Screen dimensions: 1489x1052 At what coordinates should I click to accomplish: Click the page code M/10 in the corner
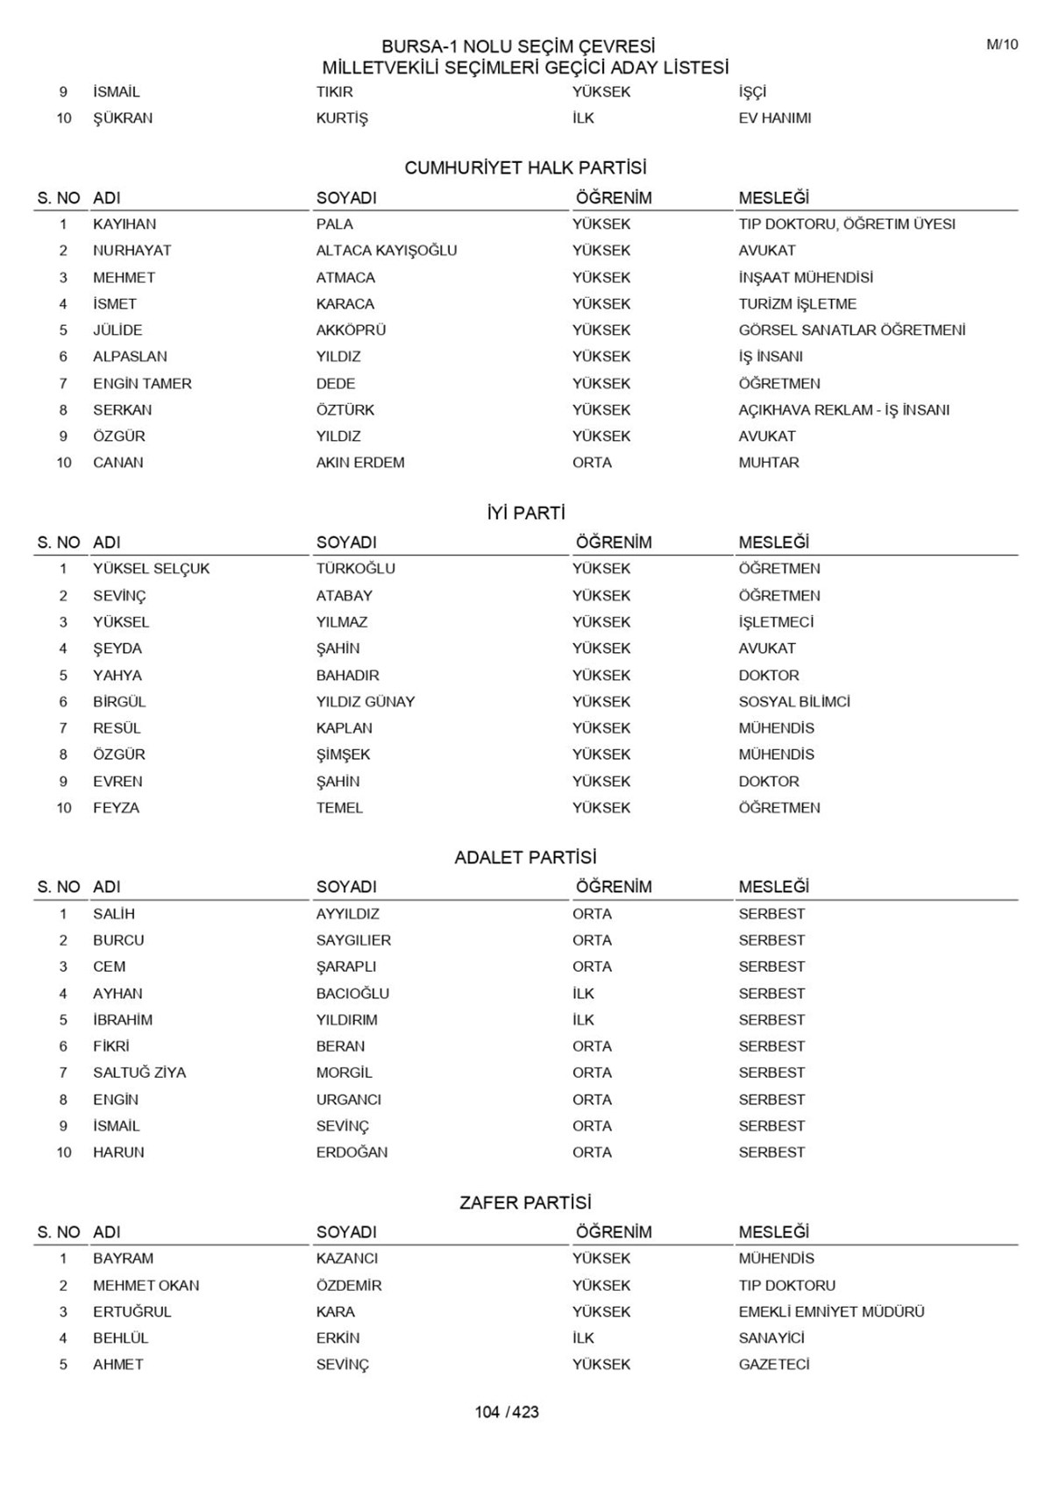coord(1002,45)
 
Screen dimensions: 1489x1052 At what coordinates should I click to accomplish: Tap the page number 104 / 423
coord(507,1412)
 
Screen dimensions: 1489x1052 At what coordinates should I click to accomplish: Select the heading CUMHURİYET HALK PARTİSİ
coord(525,168)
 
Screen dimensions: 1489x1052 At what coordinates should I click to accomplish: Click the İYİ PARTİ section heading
coord(525,514)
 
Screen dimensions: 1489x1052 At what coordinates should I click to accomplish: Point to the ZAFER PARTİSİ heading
coord(525,1202)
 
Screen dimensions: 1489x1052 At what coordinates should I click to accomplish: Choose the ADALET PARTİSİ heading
coord(525,858)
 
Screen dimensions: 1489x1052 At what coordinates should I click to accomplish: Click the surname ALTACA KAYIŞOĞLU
coord(387,251)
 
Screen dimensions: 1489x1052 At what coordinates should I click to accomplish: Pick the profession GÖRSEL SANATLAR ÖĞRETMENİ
coord(851,330)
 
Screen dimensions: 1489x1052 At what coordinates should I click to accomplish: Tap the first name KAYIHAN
coord(124,224)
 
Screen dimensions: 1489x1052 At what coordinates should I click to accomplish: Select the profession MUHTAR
coord(769,463)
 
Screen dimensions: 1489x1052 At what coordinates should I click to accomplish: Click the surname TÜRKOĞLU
coord(355,569)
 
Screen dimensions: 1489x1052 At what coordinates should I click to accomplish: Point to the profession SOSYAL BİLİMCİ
coord(794,702)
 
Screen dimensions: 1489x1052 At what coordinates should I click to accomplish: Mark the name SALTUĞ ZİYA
coord(139,1073)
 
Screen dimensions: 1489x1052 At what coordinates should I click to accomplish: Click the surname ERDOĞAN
coord(352,1152)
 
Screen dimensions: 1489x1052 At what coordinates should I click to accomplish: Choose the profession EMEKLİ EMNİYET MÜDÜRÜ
coord(831,1312)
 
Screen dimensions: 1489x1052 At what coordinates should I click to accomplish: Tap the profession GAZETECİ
coord(774,1365)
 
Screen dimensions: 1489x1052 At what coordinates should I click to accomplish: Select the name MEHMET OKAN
coord(146,1286)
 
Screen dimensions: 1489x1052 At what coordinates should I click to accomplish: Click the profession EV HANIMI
coord(774,118)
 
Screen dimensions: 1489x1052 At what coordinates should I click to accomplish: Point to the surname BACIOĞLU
coord(352,994)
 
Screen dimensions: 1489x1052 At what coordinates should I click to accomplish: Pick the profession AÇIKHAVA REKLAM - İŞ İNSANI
coord(843,410)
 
